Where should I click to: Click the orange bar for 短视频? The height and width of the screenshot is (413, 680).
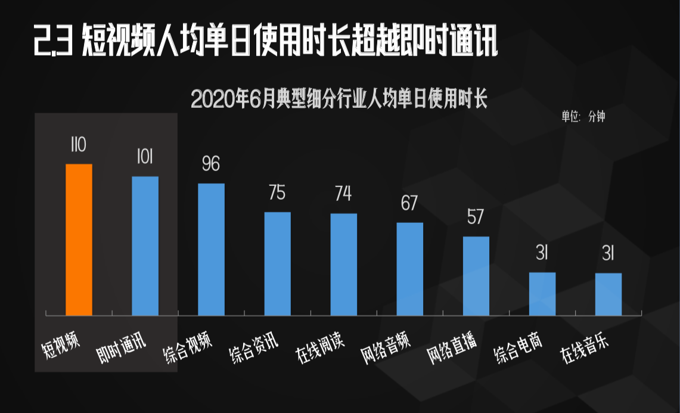pos(79,240)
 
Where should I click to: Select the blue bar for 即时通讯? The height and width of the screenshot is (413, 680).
pos(145,246)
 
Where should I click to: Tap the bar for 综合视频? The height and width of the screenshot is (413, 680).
pos(211,249)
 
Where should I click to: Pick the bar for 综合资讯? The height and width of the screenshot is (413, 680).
pos(277,263)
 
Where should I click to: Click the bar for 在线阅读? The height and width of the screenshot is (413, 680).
pos(344,264)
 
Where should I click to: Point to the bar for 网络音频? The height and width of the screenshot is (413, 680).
pos(410,269)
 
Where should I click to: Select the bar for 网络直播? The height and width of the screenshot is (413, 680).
pos(476,276)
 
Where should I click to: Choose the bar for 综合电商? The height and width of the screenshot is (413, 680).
pos(542,294)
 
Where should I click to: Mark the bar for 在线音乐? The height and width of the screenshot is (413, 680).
pos(608,294)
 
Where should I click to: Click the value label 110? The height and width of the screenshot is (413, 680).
pos(79,145)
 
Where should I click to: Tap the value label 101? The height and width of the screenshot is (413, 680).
pos(145,157)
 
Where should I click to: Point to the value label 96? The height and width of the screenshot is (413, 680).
pos(211,164)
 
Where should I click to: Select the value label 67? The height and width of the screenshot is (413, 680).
pos(409,203)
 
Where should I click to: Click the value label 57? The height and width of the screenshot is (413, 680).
pos(476,217)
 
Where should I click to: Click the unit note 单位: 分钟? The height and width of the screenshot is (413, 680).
pos(583,117)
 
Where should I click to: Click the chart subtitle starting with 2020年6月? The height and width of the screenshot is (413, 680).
pos(339,100)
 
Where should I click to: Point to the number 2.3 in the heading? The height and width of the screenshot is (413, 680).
pos(54,41)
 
